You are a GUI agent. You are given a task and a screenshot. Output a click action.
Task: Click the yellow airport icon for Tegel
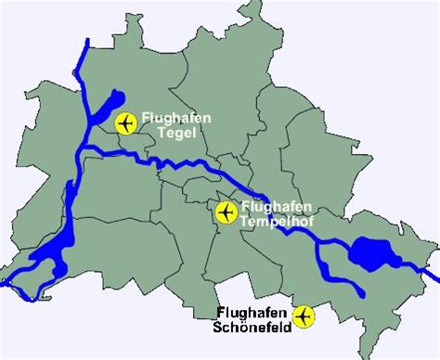coord(126,122)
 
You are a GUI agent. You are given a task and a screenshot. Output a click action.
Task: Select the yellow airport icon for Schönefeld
coord(304,317)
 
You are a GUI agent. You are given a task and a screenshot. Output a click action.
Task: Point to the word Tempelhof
coord(269,221)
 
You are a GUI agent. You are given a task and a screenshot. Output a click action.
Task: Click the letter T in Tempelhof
coord(243,221)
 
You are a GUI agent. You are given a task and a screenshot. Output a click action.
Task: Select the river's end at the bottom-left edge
coord(3,286)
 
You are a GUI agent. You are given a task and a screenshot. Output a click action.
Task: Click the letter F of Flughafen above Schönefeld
coord(220,309)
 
